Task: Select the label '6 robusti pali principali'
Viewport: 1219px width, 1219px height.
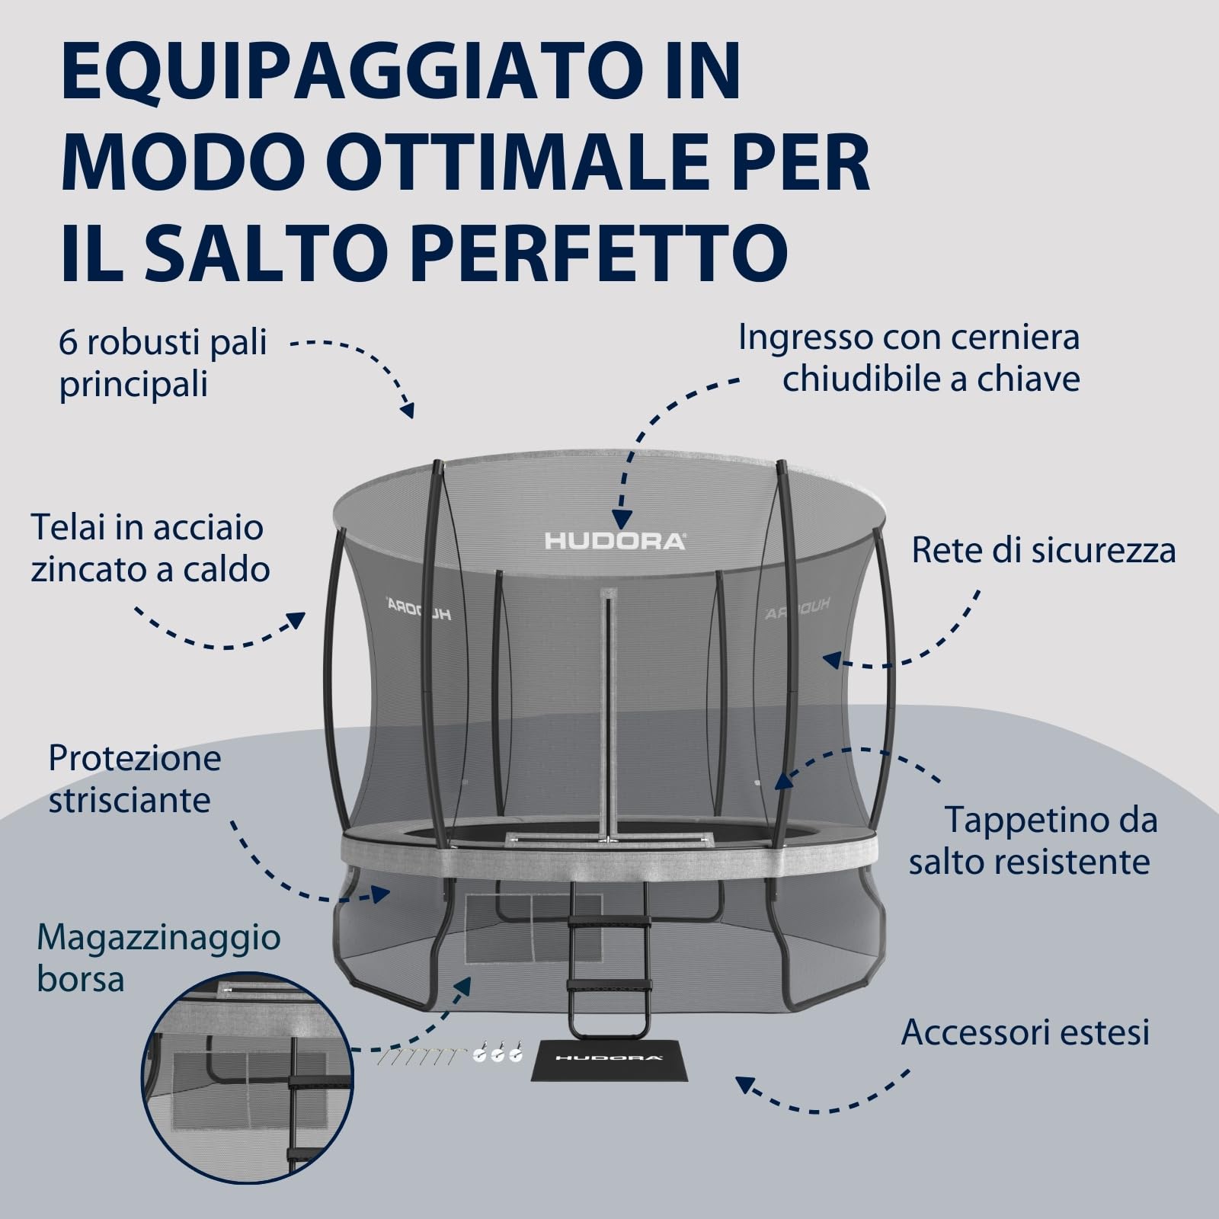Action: click(x=162, y=363)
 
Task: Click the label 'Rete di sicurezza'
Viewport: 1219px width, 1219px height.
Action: click(x=1043, y=550)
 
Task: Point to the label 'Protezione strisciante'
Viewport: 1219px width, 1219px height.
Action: click(x=135, y=779)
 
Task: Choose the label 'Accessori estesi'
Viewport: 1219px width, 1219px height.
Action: click(x=1025, y=1032)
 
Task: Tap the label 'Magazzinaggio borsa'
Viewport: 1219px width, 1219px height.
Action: click(x=158, y=958)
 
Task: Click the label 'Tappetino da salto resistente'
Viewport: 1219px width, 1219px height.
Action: click(x=1033, y=841)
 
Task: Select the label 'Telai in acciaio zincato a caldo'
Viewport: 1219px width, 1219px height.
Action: click(x=150, y=549)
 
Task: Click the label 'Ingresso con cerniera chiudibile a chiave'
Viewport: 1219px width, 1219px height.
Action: click(x=910, y=358)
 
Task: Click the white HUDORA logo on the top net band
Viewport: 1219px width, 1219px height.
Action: click(x=614, y=541)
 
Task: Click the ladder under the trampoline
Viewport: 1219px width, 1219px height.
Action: click(x=609, y=960)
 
